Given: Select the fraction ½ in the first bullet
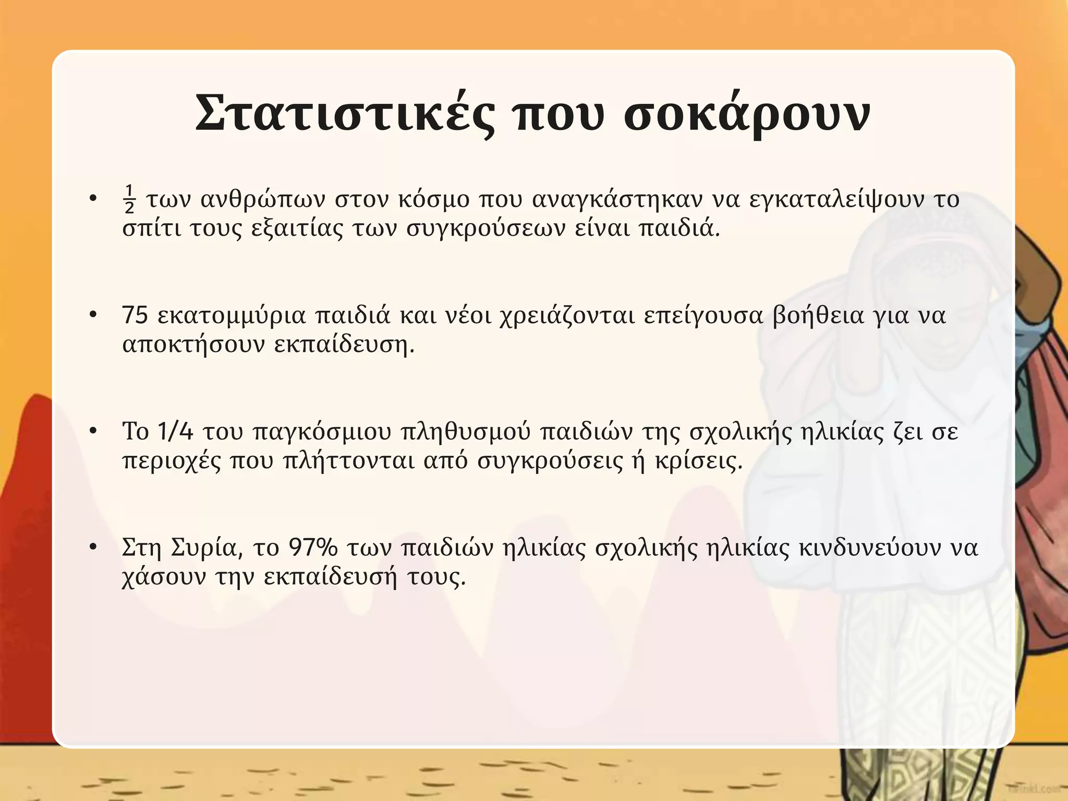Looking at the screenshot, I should coord(129,200).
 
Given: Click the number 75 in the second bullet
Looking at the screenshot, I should coord(135,315).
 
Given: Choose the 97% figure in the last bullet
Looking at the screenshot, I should coord(313,548).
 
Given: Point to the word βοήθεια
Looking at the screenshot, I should coord(818,315).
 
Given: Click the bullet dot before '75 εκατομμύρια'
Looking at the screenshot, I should coord(93,314).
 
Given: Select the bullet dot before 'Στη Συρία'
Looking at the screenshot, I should coord(93,547).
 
